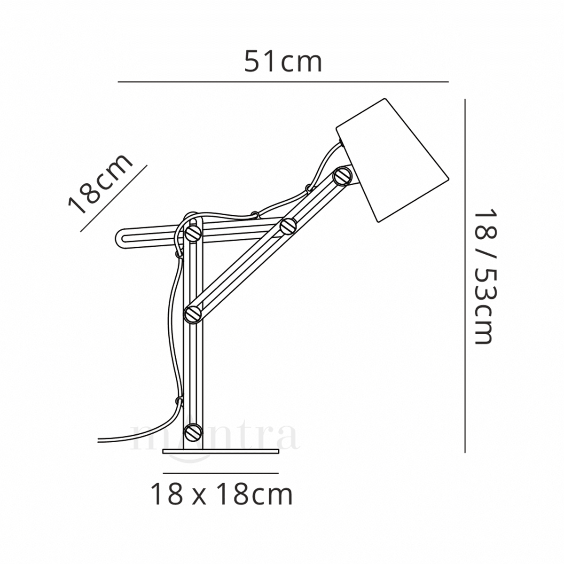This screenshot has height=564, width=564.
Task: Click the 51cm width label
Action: (283, 63)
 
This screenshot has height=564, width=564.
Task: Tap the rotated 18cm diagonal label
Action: (100, 185)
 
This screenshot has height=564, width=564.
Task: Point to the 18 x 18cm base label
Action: (221, 494)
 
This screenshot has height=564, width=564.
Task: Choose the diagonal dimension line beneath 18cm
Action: (114, 198)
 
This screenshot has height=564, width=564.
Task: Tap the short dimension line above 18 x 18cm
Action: (221, 473)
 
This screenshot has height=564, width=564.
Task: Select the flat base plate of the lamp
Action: (221, 452)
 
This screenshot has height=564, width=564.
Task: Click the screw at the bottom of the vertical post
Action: (193, 431)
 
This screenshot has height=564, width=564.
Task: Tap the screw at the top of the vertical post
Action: (193, 232)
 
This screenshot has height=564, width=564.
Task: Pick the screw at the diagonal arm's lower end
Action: (193, 313)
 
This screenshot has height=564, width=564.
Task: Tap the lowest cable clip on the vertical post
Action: (178, 401)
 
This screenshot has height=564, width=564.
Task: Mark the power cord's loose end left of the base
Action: (101, 440)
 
